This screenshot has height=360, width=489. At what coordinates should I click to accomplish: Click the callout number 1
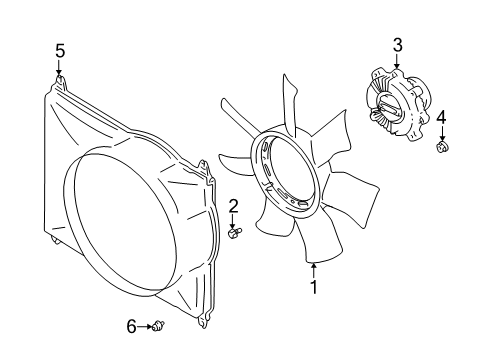314,287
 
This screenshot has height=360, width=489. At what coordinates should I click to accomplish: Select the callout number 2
233,206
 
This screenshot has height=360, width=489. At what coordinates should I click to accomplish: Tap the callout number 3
397,45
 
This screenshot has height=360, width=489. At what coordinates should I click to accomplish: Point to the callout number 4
442,118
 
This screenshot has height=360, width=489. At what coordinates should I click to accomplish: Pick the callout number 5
60,51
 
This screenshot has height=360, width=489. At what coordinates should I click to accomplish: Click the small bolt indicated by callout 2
235,232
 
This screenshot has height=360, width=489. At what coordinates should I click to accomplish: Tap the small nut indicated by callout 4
442,146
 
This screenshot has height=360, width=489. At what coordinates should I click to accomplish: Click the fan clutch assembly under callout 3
397,105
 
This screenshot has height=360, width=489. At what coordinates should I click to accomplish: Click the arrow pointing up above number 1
314,271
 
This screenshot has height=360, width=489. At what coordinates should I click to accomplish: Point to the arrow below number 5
59,68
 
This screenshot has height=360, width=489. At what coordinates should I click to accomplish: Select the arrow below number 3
397,61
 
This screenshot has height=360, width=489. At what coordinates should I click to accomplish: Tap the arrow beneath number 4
442,133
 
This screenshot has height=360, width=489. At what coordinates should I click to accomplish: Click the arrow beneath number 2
233,221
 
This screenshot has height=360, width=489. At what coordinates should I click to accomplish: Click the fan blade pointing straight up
289,103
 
